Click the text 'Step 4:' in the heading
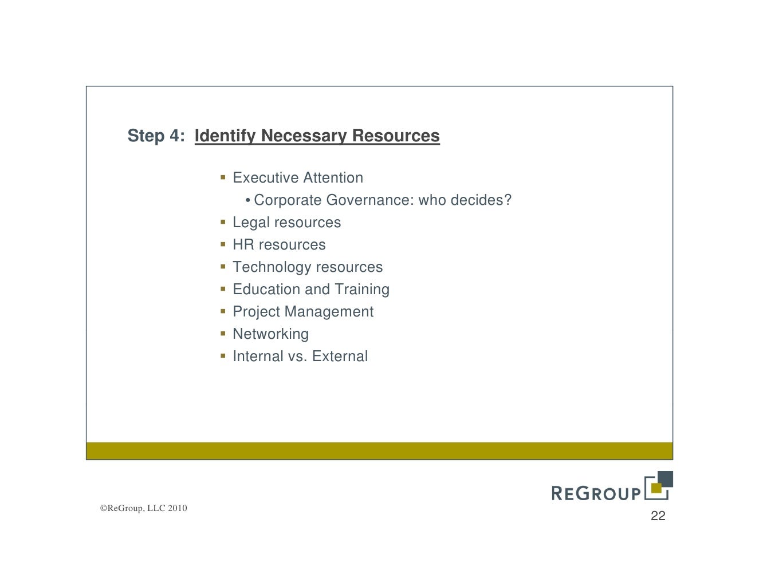156,136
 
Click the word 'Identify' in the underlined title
225,136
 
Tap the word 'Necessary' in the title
304,136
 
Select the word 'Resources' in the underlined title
396,136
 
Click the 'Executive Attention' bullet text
297,178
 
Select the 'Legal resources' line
286,223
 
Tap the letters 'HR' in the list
243,245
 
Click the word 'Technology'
272,267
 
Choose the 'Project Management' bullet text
302,312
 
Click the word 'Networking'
270,334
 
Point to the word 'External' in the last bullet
340,357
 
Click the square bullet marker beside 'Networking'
223,333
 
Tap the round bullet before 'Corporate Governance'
247,200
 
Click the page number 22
658,516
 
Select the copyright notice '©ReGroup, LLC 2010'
143,508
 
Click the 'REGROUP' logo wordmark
596,493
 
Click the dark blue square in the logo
666,478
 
